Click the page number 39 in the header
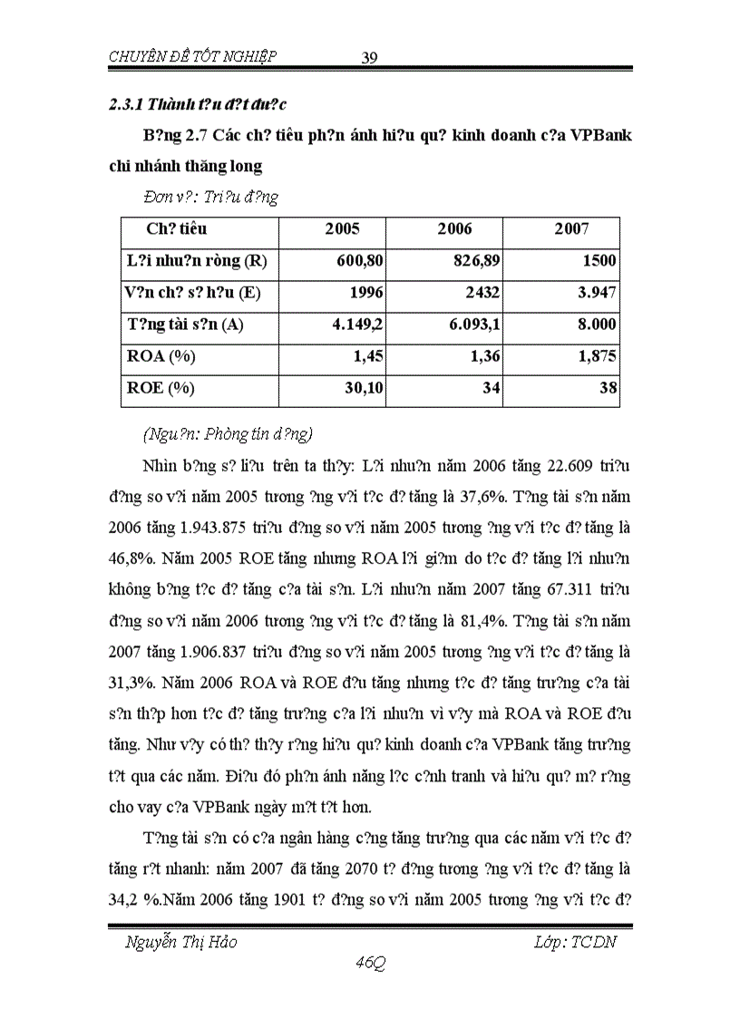coord(369,58)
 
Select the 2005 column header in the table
coord(342,229)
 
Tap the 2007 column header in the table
coord(571,229)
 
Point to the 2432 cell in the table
coord(484,293)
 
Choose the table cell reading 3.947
coord(597,293)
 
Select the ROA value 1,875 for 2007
coord(596,356)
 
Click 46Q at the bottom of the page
coord(371,965)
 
